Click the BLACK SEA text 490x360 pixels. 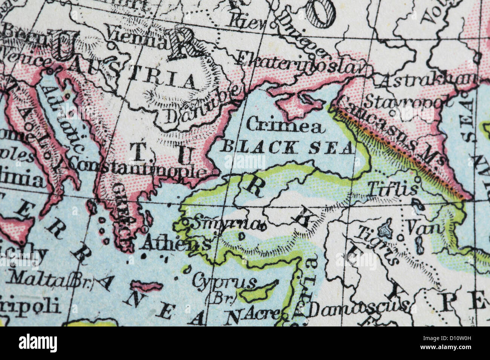point(286,147)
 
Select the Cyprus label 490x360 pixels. point(224,282)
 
